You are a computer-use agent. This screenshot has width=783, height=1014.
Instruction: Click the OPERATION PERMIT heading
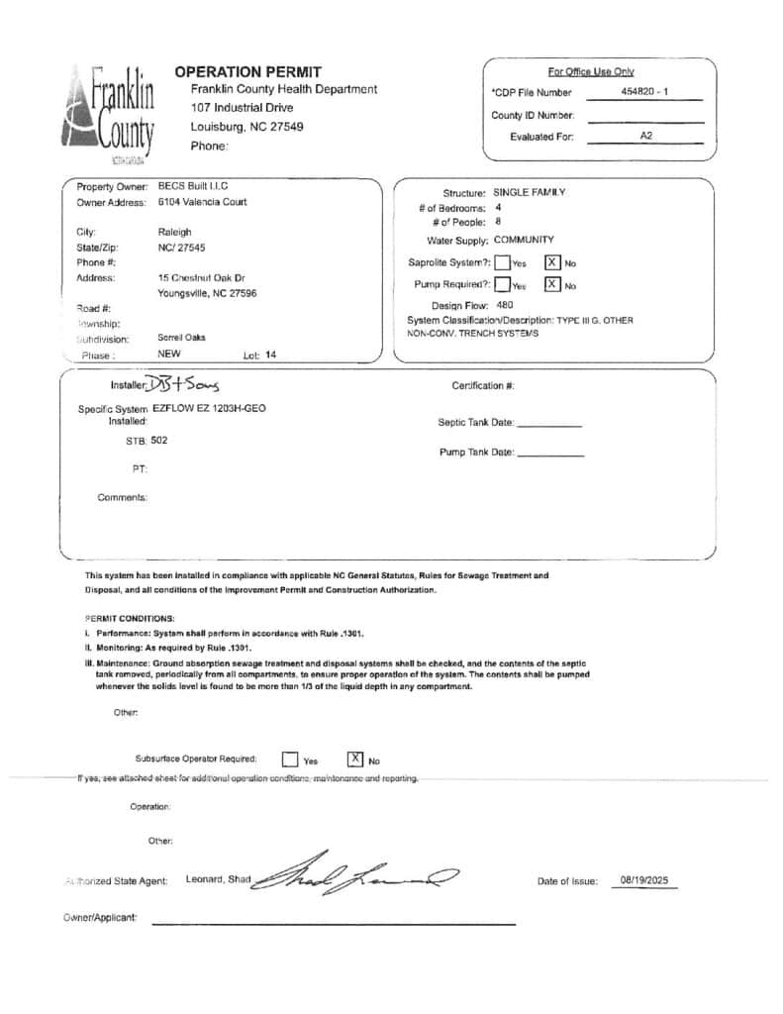click(247, 71)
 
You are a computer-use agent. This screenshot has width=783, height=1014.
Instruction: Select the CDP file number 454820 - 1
click(644, 92)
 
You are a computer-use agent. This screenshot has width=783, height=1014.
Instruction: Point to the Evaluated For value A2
click(646, 136)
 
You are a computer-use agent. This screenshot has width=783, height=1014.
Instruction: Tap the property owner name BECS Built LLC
click(193, 186)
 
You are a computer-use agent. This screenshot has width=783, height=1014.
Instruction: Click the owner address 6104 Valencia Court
click(203, 202)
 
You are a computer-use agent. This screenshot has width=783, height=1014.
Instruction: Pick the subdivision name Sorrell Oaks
click(182, 338)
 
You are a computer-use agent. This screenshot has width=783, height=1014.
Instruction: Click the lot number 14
click(271, 355)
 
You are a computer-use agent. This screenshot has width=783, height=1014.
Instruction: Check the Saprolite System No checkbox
click(552, 262)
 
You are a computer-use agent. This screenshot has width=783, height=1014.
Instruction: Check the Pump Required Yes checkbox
click(502, 285)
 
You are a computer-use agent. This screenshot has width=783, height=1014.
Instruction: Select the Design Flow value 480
click(505, 305)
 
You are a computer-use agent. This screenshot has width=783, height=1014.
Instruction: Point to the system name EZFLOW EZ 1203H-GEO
click(209, 408)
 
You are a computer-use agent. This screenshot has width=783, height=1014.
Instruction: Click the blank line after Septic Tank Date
click(549, 424)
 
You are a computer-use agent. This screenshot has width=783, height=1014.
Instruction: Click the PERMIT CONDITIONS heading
click(130, 618)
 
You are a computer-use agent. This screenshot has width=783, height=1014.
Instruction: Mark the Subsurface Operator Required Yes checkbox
click(290, 760)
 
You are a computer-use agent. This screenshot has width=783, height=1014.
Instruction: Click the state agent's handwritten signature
click(356, 874)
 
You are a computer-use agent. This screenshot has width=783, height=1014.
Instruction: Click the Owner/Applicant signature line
click(334, 923)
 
